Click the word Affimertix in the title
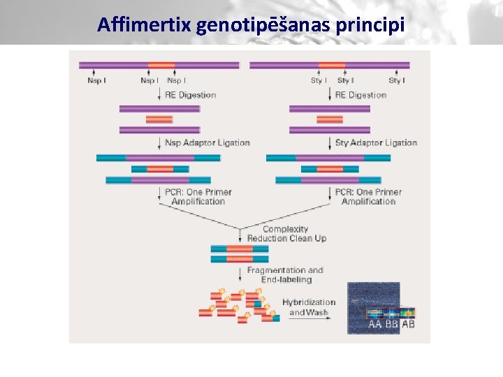[145, 26]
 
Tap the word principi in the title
[370, 26]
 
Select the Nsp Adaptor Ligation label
[207, 143]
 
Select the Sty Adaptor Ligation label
[376, 143]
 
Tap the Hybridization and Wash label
[308, 307]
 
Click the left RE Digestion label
[190, 95]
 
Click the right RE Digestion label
[360, 95]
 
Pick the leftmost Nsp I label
[96, 81]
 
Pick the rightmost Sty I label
[397, 81]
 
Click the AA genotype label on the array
[375, 325]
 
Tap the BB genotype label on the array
[391, 325]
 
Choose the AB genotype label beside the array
[408, 325]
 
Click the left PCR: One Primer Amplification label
[198, 196]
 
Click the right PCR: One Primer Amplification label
[368, 196]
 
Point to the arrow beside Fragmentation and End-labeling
[240, 274]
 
